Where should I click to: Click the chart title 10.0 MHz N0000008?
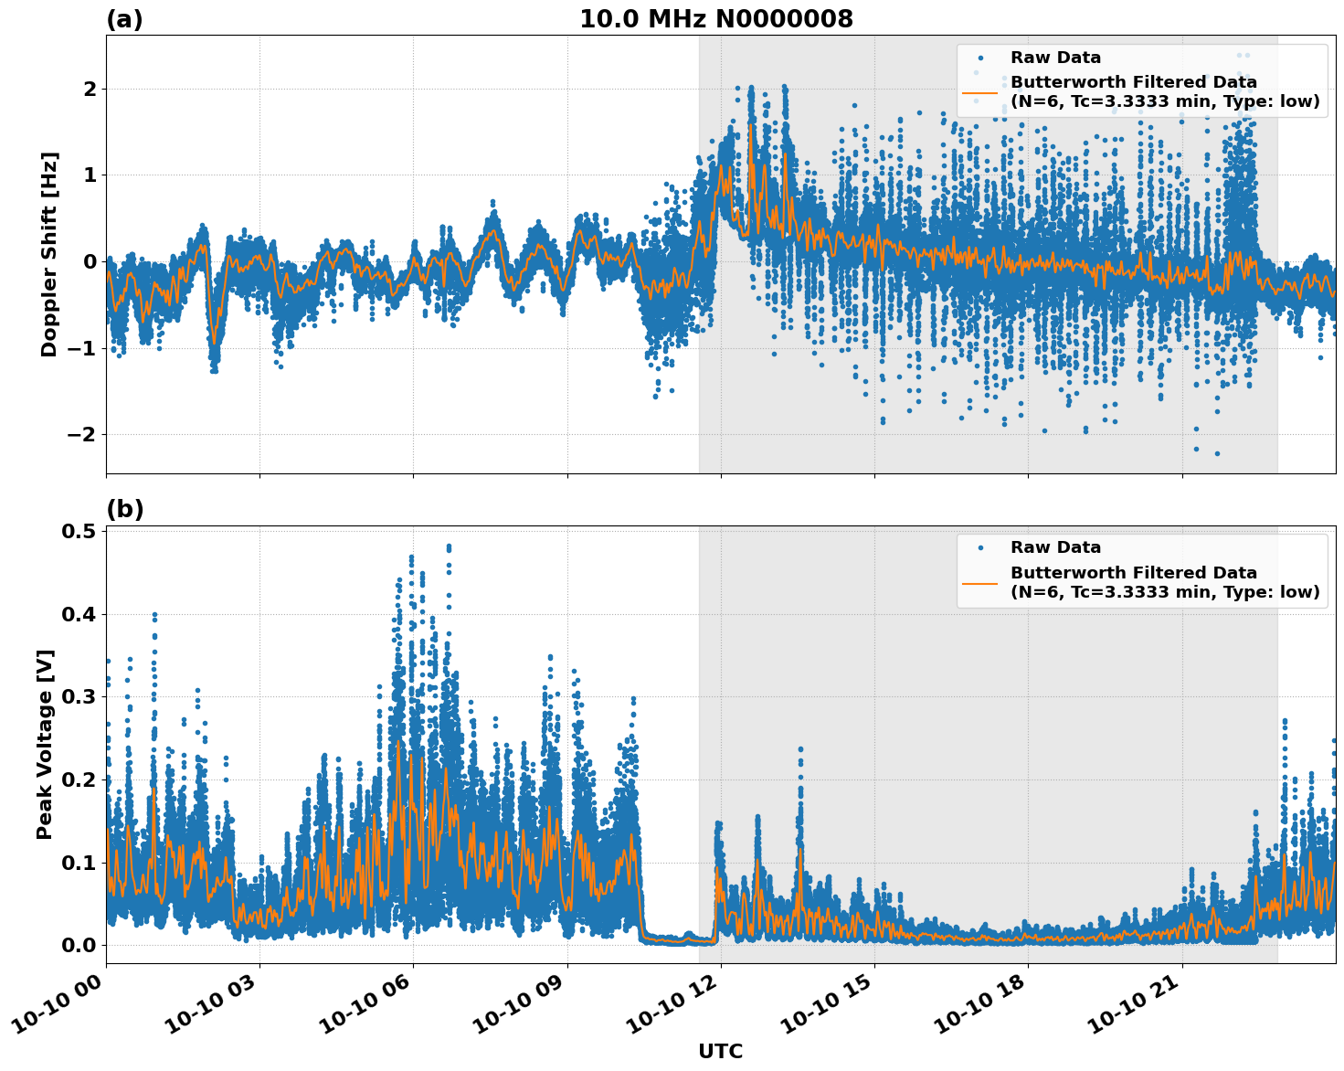716,19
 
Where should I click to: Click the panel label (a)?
124,19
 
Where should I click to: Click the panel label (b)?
124,509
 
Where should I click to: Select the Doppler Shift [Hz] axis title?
49,254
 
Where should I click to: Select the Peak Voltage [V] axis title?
45,744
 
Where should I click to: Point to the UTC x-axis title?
720,1051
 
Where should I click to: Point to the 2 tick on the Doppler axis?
90,89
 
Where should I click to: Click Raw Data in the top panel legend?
1055,58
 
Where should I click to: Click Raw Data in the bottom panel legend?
1055,547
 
